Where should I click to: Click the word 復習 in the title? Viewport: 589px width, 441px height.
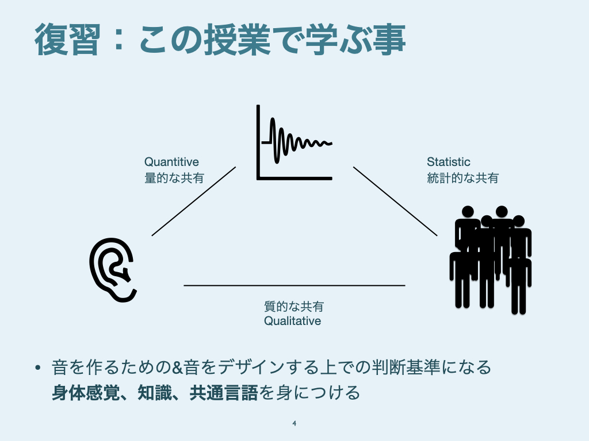68,40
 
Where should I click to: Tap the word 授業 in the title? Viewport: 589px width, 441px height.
238,40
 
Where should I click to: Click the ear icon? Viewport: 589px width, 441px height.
113,270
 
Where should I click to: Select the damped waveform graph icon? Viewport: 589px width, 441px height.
294,142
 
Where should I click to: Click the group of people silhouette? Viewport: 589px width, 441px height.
491,260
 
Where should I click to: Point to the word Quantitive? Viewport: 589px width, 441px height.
171,162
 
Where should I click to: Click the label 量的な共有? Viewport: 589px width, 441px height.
174,178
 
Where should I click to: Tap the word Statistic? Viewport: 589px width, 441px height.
449,162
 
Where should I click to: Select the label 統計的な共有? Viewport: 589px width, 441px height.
462,178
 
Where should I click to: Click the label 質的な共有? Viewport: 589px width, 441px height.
294,307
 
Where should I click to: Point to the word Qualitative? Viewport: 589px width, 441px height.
293,321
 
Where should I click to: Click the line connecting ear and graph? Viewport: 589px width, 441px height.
194,202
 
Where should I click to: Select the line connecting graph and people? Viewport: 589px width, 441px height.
395,202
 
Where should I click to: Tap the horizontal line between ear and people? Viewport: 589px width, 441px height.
294,285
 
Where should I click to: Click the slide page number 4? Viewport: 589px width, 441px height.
294,423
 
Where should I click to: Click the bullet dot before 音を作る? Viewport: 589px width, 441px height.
37,367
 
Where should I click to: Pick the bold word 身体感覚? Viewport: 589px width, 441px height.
86,393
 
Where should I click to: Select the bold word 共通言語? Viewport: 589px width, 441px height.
224,393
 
